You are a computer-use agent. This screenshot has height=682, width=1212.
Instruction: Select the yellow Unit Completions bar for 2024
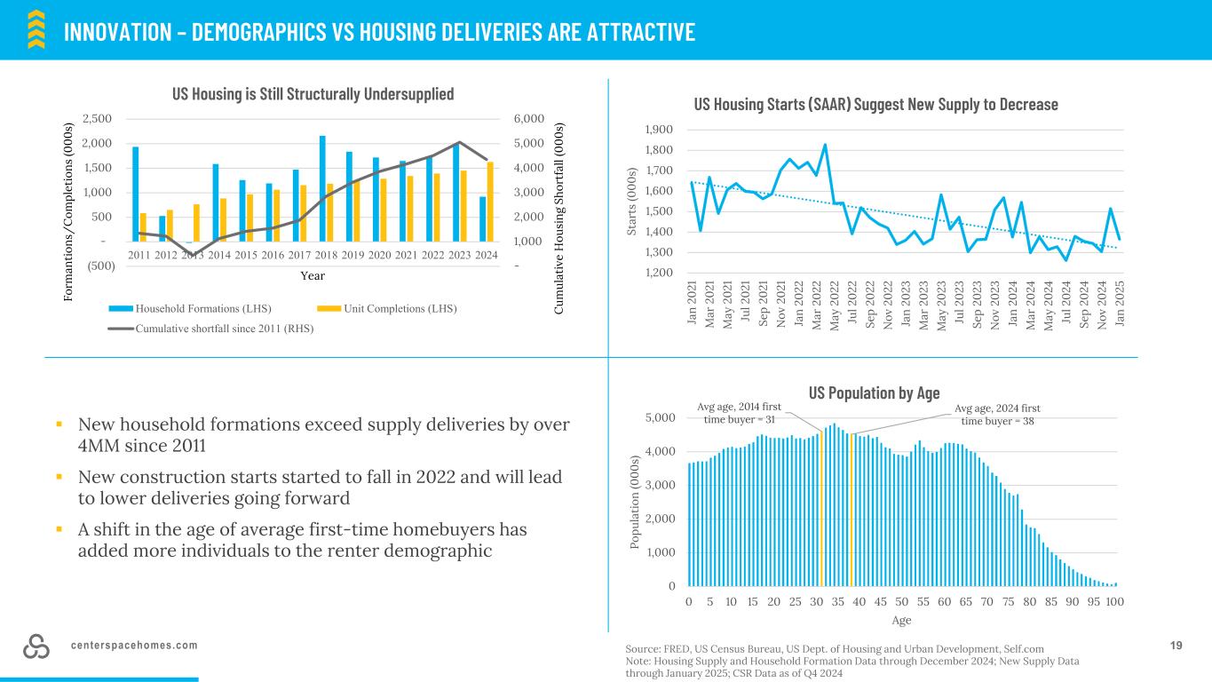(x=490, y=202)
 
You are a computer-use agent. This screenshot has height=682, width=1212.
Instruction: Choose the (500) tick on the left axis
(x=101, y=266)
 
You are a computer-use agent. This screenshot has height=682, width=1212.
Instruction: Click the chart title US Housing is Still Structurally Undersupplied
(x=312, y=94)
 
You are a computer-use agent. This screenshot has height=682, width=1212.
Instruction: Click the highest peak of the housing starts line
(x=825, y=145)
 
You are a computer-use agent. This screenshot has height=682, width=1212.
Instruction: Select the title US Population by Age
(x=874, y=393)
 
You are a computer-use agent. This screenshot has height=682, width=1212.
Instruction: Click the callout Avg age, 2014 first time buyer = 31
(x=739, y=414)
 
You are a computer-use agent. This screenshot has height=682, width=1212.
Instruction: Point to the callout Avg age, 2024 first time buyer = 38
(x=997, y=414)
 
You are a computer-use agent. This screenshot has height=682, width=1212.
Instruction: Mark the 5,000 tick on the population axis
(x=659, y=417)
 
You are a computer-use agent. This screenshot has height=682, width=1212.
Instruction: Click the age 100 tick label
(x=1115, y=601)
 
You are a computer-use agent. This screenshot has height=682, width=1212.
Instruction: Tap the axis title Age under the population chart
(x=901, y=620)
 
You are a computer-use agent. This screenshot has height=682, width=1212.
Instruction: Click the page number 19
(x=1176, y=646)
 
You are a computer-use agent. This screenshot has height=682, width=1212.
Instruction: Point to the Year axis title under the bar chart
(x=312, y=275)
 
